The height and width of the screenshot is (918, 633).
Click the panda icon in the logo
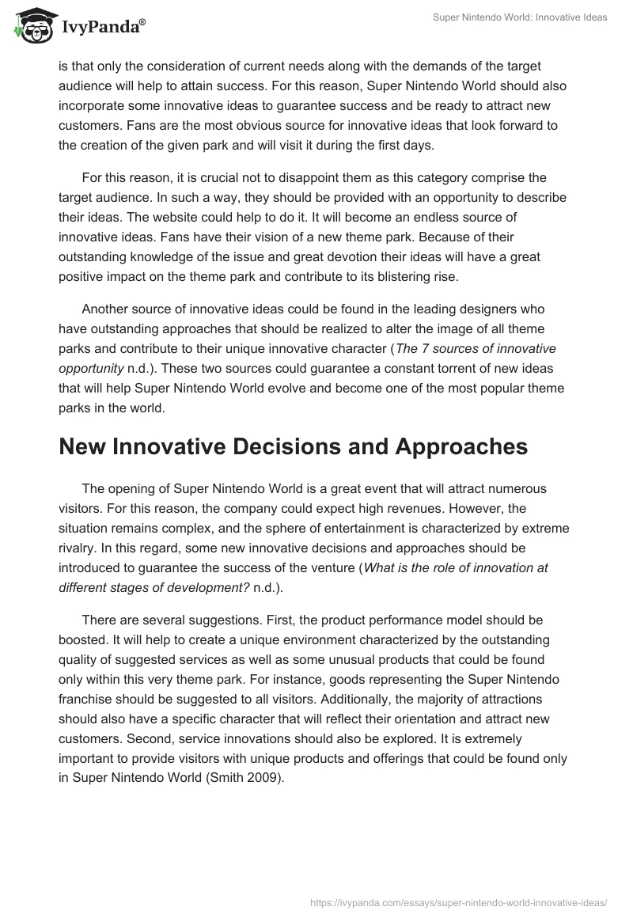31,26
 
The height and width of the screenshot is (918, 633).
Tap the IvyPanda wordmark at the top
103,28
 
